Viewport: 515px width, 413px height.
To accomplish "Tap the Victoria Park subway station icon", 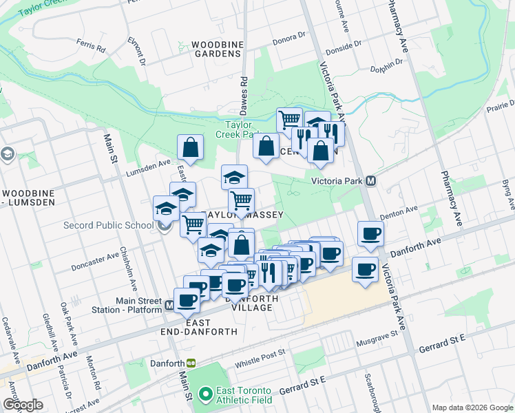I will pos(371,181).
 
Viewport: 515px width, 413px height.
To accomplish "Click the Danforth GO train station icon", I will pos(191,363).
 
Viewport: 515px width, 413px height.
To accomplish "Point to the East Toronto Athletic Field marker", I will pos(204,394).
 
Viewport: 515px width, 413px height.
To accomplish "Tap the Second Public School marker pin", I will pos(164,225).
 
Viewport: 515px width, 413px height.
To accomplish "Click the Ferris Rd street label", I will pos(91,49).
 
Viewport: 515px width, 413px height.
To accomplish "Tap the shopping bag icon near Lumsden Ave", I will pos(190,147).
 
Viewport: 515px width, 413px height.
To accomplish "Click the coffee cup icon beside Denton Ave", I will pos(370,233).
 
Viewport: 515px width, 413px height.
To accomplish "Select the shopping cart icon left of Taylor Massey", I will pos(193,224).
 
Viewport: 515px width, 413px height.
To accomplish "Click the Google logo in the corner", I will pos(23,405).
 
